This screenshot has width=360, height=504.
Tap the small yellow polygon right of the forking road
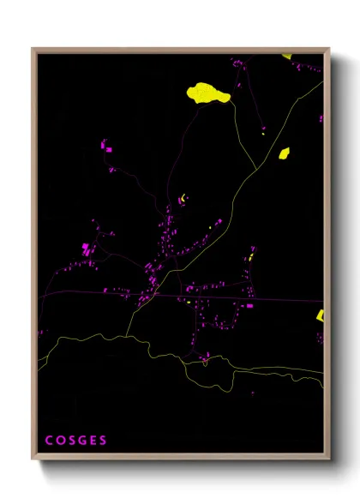point(284,153)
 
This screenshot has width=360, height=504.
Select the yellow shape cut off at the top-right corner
point(287,57)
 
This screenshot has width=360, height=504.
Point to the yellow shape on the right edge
point(321,315)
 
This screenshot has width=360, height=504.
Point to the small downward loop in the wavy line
point(206,363)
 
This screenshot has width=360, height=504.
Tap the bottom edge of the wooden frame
point(180,459)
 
